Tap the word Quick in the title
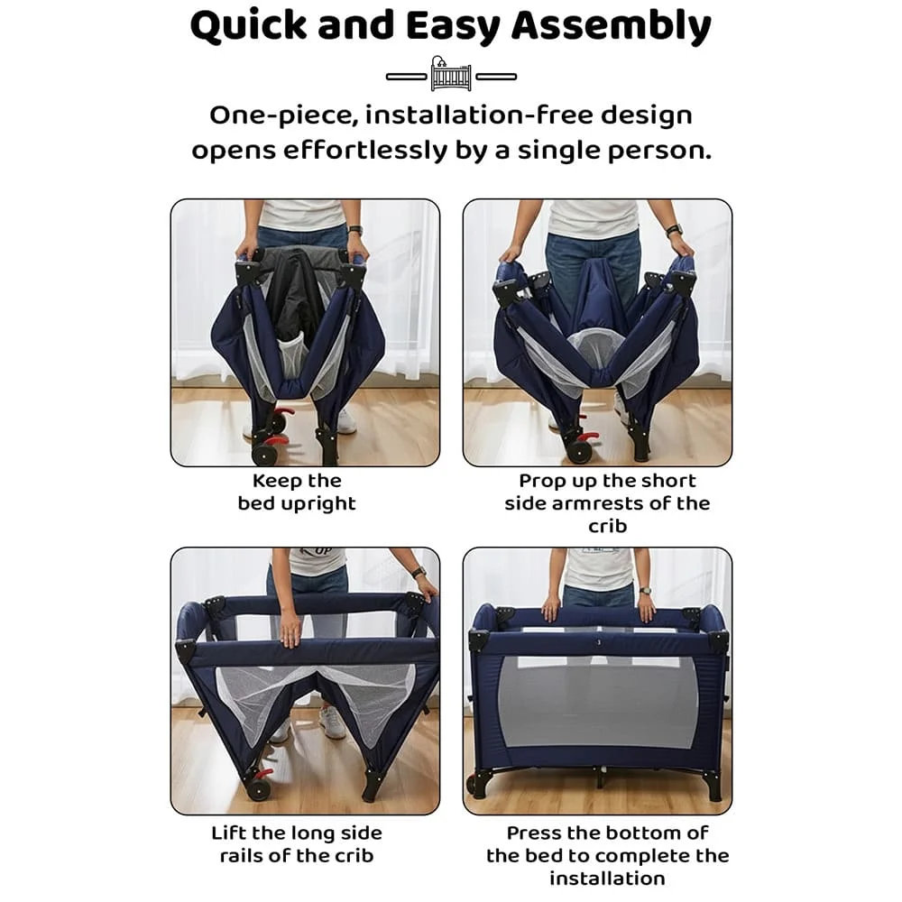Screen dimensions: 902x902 pos(249,26)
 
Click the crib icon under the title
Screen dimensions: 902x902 pos(451,74)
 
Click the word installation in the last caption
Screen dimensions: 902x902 pos(607,879)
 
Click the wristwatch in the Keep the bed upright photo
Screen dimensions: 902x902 pos(354,231)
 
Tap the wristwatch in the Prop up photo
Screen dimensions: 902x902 pos(674,231)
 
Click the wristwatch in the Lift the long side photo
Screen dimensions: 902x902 pos(419,572)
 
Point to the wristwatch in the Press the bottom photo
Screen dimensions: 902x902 pos(646,590)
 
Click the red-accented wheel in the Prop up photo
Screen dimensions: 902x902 pos(580,446)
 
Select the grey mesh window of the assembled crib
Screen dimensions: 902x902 pos(598,701)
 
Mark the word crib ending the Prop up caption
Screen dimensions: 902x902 pos(607,527)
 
